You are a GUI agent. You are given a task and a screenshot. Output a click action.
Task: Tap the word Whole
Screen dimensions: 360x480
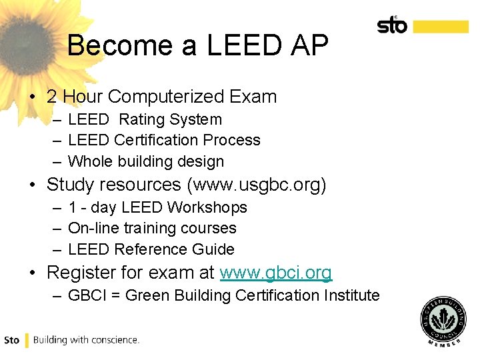tap(91, 161)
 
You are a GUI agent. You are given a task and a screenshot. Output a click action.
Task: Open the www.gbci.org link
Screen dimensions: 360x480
tap(276, 273)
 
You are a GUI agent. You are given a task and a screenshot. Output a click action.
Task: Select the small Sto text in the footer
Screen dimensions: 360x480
tap(12, 340)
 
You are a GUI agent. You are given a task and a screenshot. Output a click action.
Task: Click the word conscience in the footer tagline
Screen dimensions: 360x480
tap(115, 340)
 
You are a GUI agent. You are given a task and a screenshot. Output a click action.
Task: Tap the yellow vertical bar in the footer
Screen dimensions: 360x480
tap(27, 340)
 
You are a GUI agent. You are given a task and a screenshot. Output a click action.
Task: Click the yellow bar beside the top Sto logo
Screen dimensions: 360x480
tap(441, 26)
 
